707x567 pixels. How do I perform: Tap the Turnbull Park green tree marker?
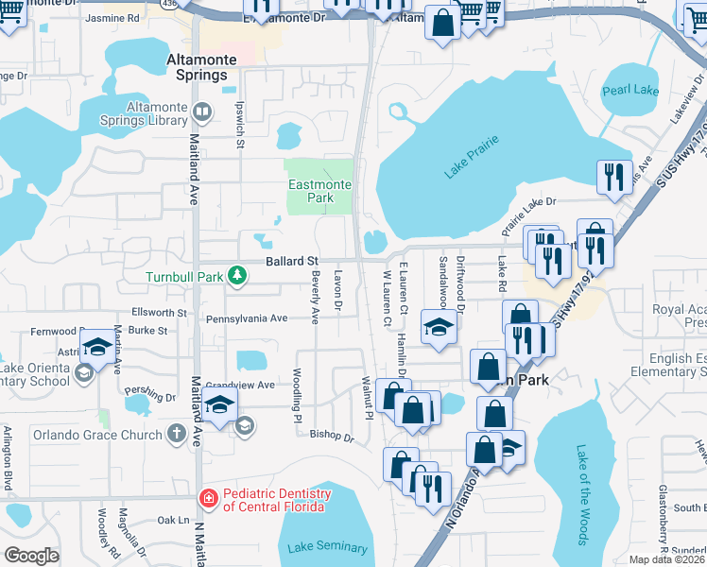click(x=238, y=277)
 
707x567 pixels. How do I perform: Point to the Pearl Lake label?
click(x=630, y=91)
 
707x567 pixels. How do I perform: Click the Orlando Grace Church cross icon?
click(x=175, y=435)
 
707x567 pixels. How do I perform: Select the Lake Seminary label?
click(x=327, y=547)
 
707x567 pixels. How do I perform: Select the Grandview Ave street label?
click(x=241, y=385)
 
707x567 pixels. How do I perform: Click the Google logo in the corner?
click(x=31, y=556)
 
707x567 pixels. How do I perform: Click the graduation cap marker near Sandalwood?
click(x=439, y=327)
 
